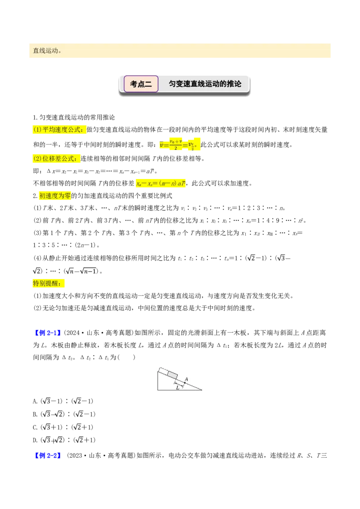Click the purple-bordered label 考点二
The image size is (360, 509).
point(141,84)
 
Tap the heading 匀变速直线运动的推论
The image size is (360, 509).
point(205,84)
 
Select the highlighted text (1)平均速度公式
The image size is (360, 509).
point(59,129)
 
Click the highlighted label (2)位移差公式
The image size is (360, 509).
point(56,158)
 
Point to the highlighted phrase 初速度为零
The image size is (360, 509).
point(55,196)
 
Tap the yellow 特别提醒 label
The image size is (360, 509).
point(49,283)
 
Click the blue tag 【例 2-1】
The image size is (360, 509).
point(48,333)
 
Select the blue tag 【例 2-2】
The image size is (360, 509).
point(48,455)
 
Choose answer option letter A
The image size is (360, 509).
point(35,402)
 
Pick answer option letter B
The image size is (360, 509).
point(35,415)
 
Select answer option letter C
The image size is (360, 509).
point(35,428)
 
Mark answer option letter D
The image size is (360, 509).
point(35,441)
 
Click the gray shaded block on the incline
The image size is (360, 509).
point(172,375)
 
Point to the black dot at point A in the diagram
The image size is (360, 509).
point(184,382)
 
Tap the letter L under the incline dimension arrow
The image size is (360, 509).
point(178,388)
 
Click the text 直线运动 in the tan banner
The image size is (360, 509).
point(45,51)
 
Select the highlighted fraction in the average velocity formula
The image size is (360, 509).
point(175,144)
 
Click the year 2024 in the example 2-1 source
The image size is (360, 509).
point(73,333)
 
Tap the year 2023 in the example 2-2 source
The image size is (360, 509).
point(76,455)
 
